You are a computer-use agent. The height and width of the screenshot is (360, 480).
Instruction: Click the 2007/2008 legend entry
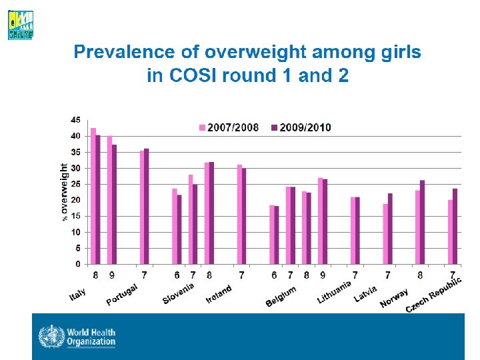(x=233, y=127)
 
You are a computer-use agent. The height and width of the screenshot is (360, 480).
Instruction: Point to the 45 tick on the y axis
(x=75, y=120)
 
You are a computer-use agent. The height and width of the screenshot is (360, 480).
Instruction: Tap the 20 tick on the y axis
(x=75, y=200)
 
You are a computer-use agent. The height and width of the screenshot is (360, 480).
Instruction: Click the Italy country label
(x=78, y=291)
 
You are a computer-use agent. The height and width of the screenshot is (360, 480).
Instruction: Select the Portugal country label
(x=122, y=294)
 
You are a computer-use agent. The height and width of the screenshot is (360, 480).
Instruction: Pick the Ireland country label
(x=219, y=294)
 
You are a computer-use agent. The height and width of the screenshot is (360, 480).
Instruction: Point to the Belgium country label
(x=281, y=296)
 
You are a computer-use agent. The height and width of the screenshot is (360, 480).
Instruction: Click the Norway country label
(x=394, y=297)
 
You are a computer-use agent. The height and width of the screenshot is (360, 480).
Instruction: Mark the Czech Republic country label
(x=433, y=293)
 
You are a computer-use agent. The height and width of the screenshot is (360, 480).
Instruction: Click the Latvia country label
(x=365, y=294)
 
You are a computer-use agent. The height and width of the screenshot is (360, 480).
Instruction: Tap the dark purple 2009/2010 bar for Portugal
(x=147, y=207)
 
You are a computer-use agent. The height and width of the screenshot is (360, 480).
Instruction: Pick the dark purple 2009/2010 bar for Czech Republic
(x=455, y=227)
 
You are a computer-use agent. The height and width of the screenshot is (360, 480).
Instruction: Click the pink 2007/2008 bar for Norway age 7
(x=385, y=234)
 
